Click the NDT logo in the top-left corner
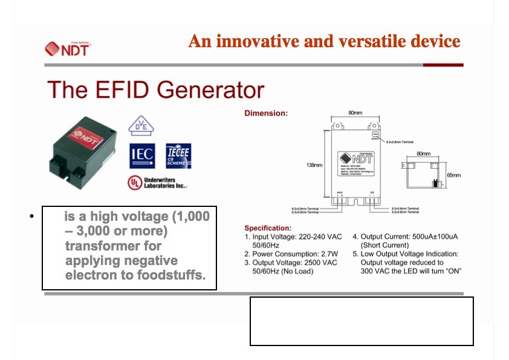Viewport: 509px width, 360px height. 67,48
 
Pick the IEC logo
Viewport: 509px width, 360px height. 142,155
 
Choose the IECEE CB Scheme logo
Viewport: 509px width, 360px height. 178,155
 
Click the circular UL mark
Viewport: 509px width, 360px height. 134,182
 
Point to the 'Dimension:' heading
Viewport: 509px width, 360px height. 266,113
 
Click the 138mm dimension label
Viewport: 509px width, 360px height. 314,165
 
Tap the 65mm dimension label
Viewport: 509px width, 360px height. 453,175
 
